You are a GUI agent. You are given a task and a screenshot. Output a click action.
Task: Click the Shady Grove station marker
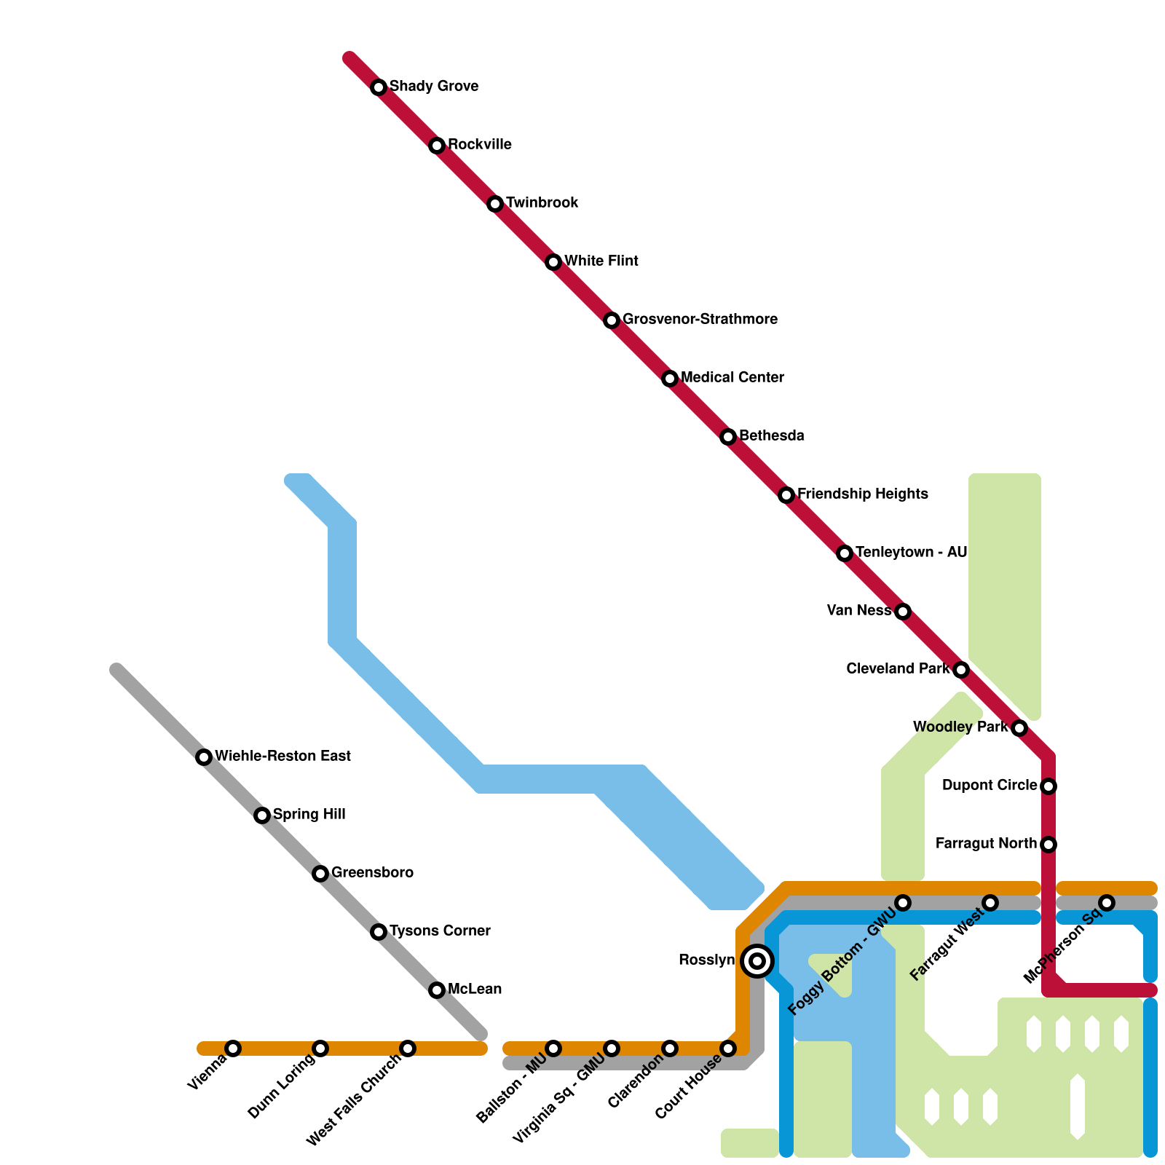tap(379, 87)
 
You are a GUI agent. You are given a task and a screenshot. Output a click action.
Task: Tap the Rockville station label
tap(480, 145)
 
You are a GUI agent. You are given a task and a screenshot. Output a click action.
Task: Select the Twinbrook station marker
tap(495, 204)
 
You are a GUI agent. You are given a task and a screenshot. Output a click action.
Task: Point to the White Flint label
tap(601, 261)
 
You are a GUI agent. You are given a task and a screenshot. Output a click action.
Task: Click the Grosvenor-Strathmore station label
tap(700, 320)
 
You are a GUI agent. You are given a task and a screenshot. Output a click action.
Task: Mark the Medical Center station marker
tap(670, 379)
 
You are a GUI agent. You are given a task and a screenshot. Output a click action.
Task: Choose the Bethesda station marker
tap(728, 437)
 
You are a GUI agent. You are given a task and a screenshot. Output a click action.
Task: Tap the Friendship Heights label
tap(863, 494)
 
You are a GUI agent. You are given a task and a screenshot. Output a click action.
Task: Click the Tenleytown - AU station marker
tap(845, 553)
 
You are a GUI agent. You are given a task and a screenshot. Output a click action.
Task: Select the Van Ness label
tap(859, 611)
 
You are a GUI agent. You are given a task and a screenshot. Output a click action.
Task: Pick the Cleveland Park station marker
tap(961, 670)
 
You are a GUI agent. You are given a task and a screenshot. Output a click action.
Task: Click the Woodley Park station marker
tap(1019, 728)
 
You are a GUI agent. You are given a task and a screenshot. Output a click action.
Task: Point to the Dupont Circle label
tap(990, 786)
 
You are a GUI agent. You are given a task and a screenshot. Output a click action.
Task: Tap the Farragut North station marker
tap(1048, 845)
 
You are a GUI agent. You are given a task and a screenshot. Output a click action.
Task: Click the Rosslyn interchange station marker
tap(757, 961)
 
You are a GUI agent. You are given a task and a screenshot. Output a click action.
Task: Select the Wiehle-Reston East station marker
tap(204, 757)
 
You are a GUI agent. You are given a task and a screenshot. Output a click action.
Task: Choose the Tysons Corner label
tap(440, 931)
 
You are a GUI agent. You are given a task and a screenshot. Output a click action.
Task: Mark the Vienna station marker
tap(233, 1048)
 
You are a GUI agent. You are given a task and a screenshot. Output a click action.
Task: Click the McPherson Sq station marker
tap(1107, 903)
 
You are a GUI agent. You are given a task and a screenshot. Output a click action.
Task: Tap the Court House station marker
tap(728, 1048)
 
